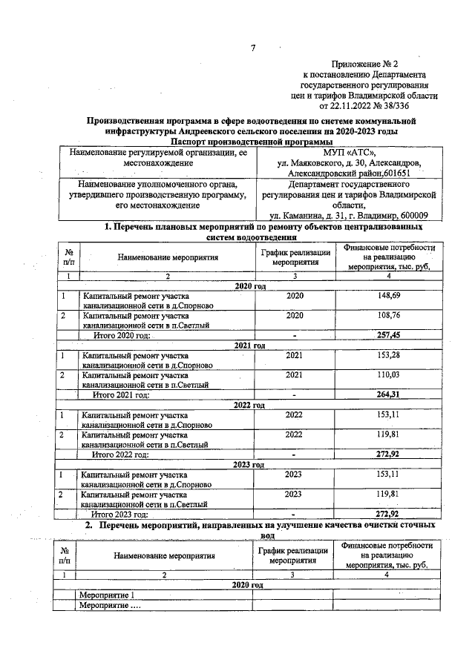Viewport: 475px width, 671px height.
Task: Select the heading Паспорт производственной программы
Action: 252,141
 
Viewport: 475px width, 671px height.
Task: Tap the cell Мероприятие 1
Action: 108,595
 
